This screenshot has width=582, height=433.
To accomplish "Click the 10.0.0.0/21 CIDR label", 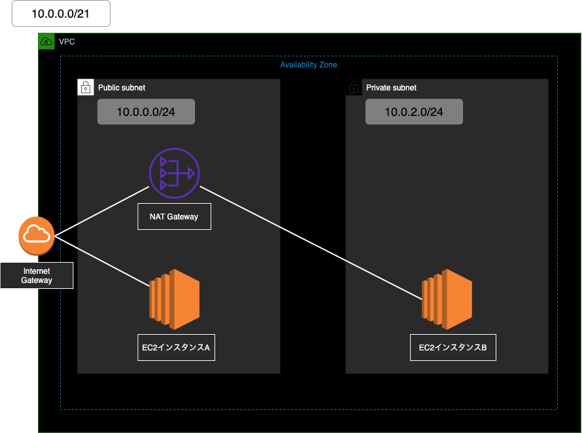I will click(x=61, y=14).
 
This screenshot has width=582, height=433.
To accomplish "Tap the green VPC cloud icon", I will click(x=46, y=41).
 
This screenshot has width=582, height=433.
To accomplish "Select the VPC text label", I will click(x=67, y=41).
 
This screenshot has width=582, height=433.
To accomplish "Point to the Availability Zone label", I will click(x=309, y=65).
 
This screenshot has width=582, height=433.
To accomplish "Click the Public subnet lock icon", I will click(x=86, y=87).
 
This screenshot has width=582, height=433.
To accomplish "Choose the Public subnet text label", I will click(x=122, y=87).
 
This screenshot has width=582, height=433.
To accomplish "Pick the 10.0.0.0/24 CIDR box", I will click(x=146, y=112).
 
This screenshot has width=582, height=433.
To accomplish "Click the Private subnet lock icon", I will click(x=354, y=87).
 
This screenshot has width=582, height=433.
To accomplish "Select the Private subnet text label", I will click(x=391, y=87).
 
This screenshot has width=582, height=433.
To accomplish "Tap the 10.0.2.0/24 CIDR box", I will click(x=414, y=112).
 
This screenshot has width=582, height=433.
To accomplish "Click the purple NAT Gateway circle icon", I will click(x=174, y=173).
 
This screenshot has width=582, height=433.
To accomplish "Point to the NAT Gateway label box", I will click(x=174, y=216).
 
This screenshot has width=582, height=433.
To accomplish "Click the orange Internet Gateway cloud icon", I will click(x=37, y=236).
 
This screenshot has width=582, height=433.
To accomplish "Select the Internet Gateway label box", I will click(x=37, y=276).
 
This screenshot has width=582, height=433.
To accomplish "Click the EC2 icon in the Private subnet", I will click(x=447, y=299).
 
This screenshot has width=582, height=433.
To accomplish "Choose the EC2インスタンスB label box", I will click(x=453, y=348).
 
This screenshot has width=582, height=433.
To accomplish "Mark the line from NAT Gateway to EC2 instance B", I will click(x=311, y=243).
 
